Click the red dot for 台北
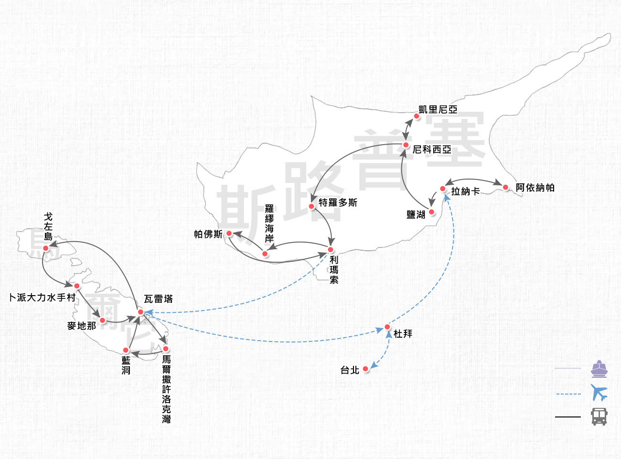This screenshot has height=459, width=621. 365,369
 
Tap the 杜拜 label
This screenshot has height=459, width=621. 403,334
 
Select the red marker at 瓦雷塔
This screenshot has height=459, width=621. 140,312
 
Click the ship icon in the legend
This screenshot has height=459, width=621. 599,369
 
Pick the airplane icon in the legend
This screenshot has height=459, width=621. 599,393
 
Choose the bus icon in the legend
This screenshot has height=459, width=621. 599,416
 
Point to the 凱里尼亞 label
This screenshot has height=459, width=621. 438,109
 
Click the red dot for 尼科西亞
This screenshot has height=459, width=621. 406,145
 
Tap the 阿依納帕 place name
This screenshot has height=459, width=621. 535,188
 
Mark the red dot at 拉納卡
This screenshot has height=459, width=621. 443,189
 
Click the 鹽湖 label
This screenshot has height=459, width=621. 416,215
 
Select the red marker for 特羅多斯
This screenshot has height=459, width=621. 311,206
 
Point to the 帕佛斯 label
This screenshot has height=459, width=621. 208,234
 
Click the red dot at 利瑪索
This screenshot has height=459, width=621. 331,250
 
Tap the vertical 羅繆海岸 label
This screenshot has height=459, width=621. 269,224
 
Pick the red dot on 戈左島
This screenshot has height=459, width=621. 46,248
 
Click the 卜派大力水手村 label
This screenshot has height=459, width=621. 42,298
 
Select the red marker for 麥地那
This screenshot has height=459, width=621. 102,320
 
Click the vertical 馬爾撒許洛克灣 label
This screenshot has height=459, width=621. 166,389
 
